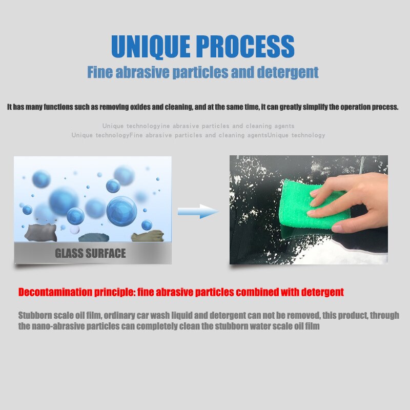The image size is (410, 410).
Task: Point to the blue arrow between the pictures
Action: pyautogui.click(x=198, y=211)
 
